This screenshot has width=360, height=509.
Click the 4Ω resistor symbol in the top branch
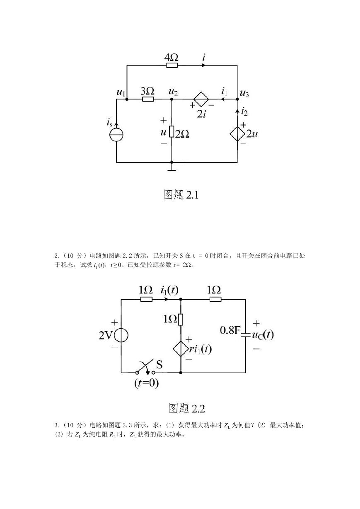(x=172, y=65)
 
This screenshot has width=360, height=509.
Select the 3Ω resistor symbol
(x=148, y=99)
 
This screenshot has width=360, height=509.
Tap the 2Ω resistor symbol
(x=172, y=131)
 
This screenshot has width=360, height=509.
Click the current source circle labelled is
(x=116, y=135)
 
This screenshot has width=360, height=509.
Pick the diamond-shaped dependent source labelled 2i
(x=201, y=99)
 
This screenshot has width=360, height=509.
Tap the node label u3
(x=244, y=93)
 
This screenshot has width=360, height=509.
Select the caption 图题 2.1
(x=181, y=195)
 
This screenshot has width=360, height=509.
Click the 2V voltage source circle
(x=121, y=335)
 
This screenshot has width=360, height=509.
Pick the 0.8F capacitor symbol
(x=246, y=334)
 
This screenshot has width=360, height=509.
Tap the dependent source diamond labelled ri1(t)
(x=181, y=349)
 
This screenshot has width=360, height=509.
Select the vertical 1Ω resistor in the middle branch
(x=181, y=320)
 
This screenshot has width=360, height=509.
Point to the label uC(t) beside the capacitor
(x=263, y=335)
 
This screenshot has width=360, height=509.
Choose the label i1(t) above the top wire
(x=169, y=290)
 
